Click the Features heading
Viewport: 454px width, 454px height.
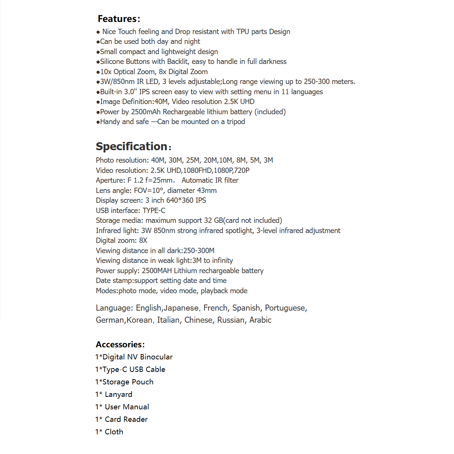tap(118, 19)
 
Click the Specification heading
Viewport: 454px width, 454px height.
tap(132, 146)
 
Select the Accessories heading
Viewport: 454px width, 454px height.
tap(120, 344)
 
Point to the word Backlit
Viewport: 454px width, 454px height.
tap(177, 62)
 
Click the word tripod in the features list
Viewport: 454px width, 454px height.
tap(236, 122)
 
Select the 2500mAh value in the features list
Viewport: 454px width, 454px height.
tap(146, 112)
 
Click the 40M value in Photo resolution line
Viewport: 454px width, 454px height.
tap(158, 160)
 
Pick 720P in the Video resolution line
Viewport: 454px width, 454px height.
tap(242, 171)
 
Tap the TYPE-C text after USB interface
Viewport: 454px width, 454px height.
tap(154, 211)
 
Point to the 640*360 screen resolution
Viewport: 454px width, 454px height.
tap(180, 201)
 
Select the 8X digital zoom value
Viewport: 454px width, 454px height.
tap(143, 241)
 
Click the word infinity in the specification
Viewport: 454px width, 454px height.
tap(222, 261)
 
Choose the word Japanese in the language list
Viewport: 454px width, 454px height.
tap(181, 308)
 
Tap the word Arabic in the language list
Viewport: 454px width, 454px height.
tap(260, 320)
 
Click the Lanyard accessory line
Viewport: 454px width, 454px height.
tap(114, 394)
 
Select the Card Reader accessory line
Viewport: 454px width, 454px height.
tap(121, 419)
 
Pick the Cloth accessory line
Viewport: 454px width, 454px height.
tap(109, 432)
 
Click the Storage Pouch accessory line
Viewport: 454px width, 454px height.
tap(124, 382)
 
